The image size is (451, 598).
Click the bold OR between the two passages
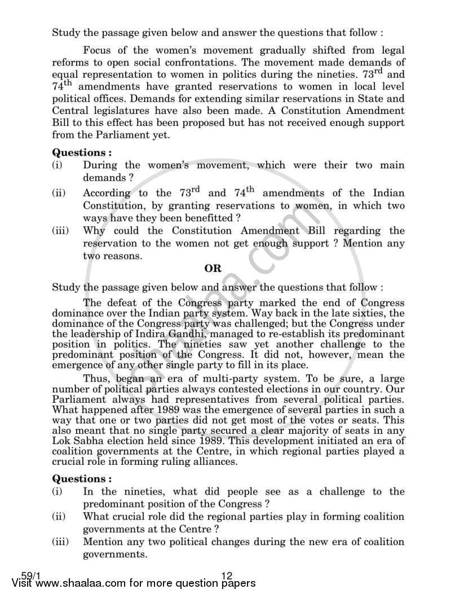214,268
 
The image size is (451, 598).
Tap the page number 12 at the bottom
227,576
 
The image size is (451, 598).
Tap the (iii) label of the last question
60,542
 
